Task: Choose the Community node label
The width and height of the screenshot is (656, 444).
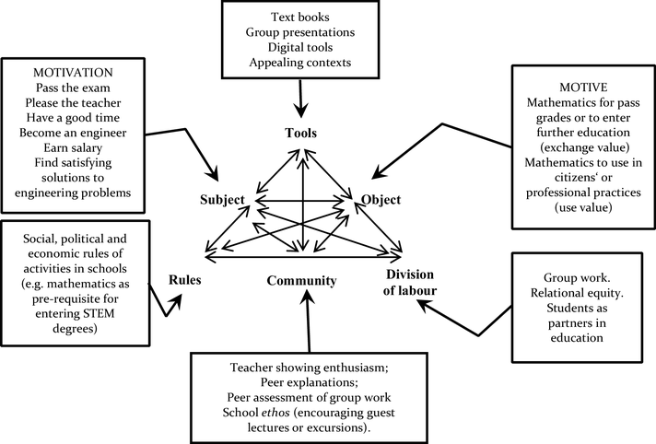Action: tap(301, 281)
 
